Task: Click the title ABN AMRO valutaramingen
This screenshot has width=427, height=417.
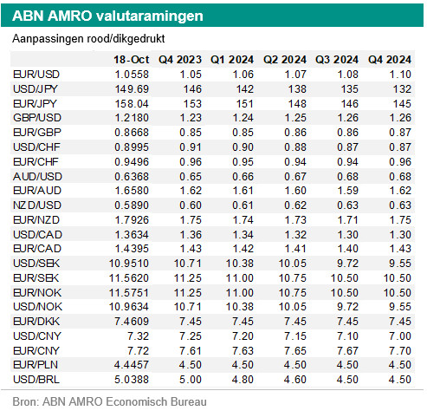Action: [x=107, y=16]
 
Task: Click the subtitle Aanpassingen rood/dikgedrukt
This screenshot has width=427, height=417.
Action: [x=88, y=38]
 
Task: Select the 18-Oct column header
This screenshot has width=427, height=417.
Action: [x=132, y=60]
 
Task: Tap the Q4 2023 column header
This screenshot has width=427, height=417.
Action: [x=180, y=60]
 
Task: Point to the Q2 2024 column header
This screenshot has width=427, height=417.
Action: [x=285, y=60]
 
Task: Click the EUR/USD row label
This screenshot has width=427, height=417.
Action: [x=36, y=75]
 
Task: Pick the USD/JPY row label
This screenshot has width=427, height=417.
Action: [x=36, y=89]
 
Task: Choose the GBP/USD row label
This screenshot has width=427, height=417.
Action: [x=37, y=118]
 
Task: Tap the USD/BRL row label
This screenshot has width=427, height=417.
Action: [x=36, y=380]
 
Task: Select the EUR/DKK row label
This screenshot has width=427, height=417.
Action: [x=36, y=322]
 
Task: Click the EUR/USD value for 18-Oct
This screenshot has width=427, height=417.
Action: [x=132, y=75]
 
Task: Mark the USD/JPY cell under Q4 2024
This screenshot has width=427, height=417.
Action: [x=402, y=89]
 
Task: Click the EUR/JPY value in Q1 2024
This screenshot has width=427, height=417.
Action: [x=245, y=104]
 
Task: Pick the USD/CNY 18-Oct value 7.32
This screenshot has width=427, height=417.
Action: [x=139, y=336]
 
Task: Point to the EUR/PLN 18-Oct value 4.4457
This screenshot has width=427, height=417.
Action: [x=132, y=365]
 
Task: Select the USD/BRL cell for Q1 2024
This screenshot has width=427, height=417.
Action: [x=243, y=380]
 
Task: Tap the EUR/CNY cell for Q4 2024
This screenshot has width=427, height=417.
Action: [x=400, y=351]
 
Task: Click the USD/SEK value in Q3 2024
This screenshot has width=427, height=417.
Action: [x=347, y=264]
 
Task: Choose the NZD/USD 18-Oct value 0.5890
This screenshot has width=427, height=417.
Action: [x=132, y=205]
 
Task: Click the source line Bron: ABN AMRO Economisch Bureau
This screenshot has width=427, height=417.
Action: [x=109, y=401]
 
